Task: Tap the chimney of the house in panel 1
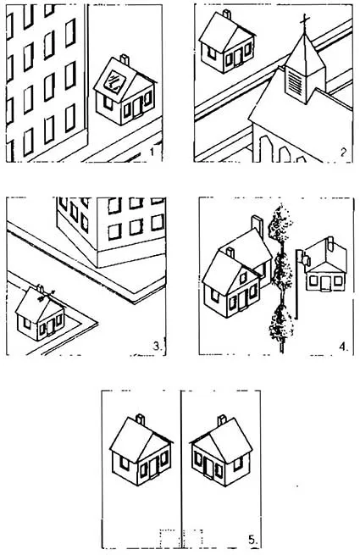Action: pyautogui.click(x=125, y=59)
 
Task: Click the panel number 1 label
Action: pyautogui.click(x=152, y=152)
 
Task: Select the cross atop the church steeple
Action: pyautogui.click(x=304, y=22)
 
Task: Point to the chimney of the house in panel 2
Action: pyautogui.click(x=227, y=14)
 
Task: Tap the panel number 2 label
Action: pyautogui.click(x=343, y=153)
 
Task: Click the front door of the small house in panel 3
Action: pyautogui.click(x=50, y=326)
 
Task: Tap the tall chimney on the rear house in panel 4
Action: pyautogui.click(x=258, y=225)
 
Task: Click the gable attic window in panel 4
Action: pyautogui.click(x=244, y=278)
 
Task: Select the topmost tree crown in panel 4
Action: pyautogui.click(x=280, y=224)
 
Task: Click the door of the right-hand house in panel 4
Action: pyautogui.click(x=325, y=282)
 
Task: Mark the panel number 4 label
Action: pyautogui.click(x=344, y=346)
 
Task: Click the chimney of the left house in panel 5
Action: pyautogui.click(x=140, y=419)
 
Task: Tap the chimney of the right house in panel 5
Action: pyautogui.click(x=222, y=420)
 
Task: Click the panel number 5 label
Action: pyautogui.click(x=252, y=540)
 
